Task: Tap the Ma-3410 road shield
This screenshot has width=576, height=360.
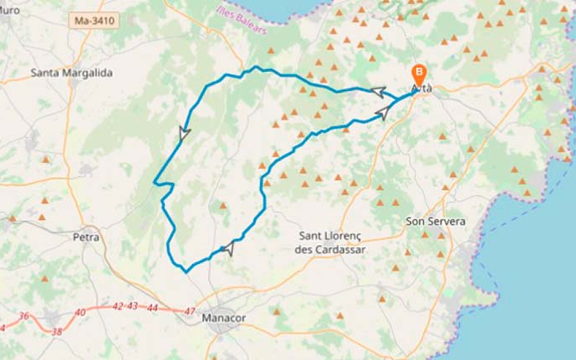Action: point(94,21)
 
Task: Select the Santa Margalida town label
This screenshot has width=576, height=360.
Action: point(71,73)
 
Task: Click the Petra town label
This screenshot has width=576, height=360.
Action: point(85,237)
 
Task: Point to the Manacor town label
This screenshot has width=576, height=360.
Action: point(224,318)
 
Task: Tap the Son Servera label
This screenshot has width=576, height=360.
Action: point(435,221)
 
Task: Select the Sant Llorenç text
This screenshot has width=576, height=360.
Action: point(332,236)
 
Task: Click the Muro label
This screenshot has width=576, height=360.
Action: point(10,10)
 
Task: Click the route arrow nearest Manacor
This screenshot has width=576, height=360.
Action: point(228,248)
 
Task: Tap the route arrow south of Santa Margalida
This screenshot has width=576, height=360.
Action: point(184,134)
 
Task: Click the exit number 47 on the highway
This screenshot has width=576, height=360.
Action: point(190,311)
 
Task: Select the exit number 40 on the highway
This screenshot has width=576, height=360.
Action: point(80,312)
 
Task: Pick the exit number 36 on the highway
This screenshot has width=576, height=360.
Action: point(24,316)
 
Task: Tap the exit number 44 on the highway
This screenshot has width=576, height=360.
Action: point(152,308)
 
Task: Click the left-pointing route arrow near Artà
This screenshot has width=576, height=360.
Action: point(378,91)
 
